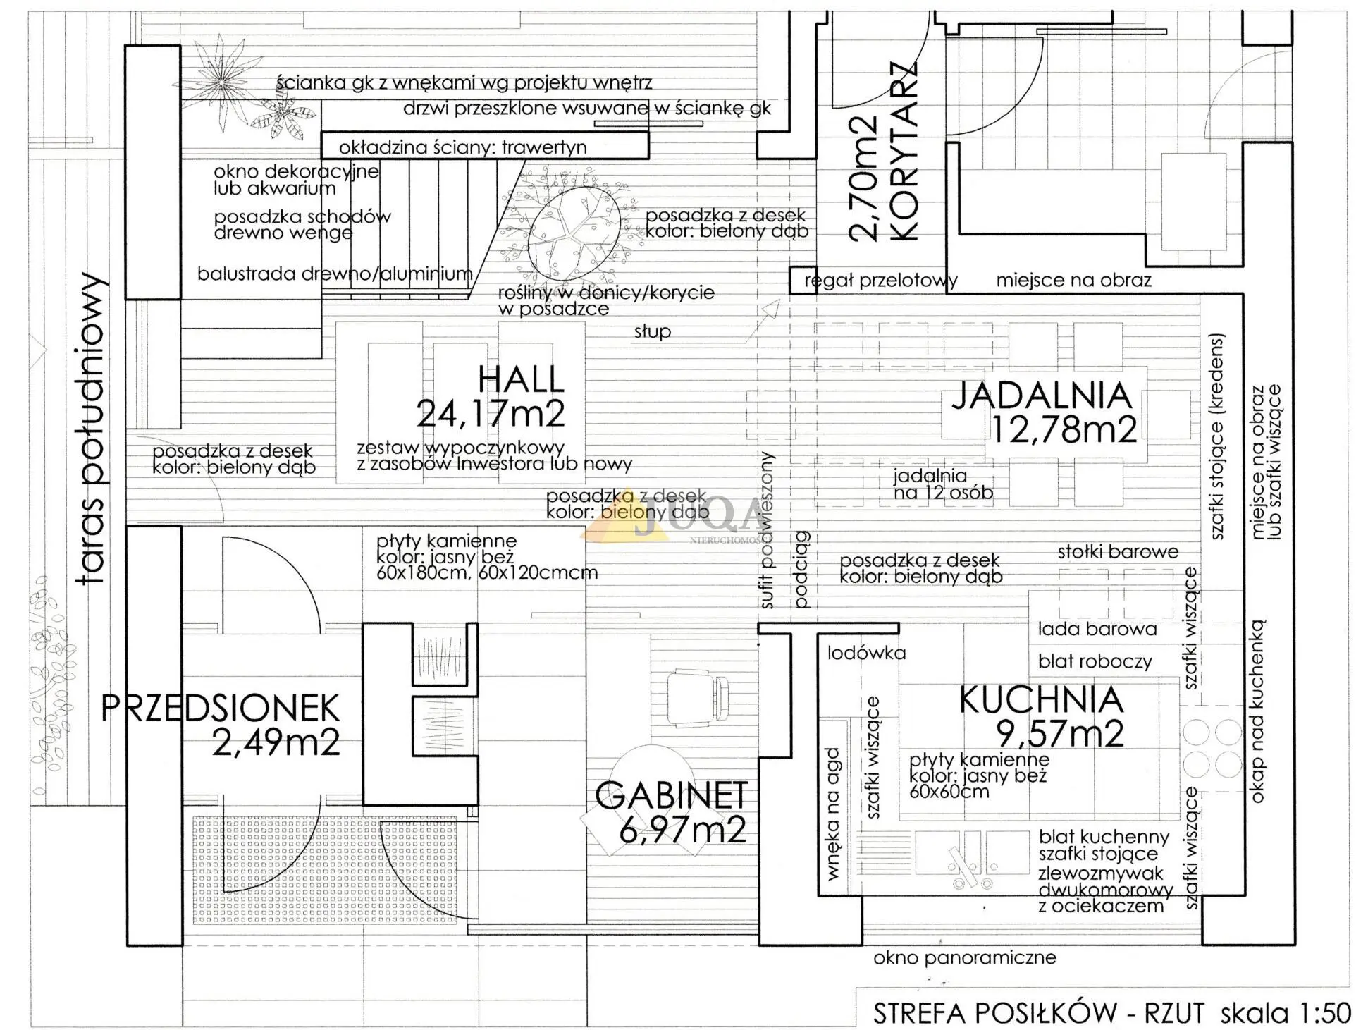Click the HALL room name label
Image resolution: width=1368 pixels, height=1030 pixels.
[x=521, y=379]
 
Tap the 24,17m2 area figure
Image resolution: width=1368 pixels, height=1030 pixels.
[x=491, y=413]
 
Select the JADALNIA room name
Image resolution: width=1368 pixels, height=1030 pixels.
[x=1042, y=396]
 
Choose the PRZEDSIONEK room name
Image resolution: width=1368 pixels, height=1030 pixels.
[x=221, y=708]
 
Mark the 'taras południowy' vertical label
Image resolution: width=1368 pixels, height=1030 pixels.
[x=92, y=429]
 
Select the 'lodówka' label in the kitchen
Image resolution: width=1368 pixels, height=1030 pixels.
[x=867, y=653]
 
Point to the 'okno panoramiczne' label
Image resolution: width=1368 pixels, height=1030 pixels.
[x=965, y=957]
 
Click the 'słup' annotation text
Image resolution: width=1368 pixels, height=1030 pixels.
[x=653, y=331]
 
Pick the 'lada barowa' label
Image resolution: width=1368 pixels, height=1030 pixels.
[x=1097, y=629]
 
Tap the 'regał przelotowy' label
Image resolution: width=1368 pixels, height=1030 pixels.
[x=881, y=281]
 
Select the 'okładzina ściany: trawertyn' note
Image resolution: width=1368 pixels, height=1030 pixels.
[x=463, y=147]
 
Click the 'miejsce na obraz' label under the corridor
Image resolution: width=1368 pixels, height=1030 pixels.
[x=1073, y=280]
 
